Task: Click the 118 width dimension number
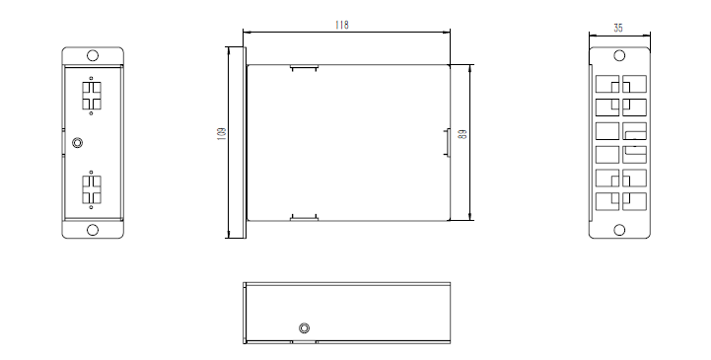342,25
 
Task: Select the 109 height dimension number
222,133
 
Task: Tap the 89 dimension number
462,134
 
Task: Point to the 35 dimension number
618,28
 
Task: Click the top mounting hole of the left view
93,55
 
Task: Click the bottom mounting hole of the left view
93,230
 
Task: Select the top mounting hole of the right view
619,55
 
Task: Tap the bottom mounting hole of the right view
619,230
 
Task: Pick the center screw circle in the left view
78,143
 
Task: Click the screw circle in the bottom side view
305,327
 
